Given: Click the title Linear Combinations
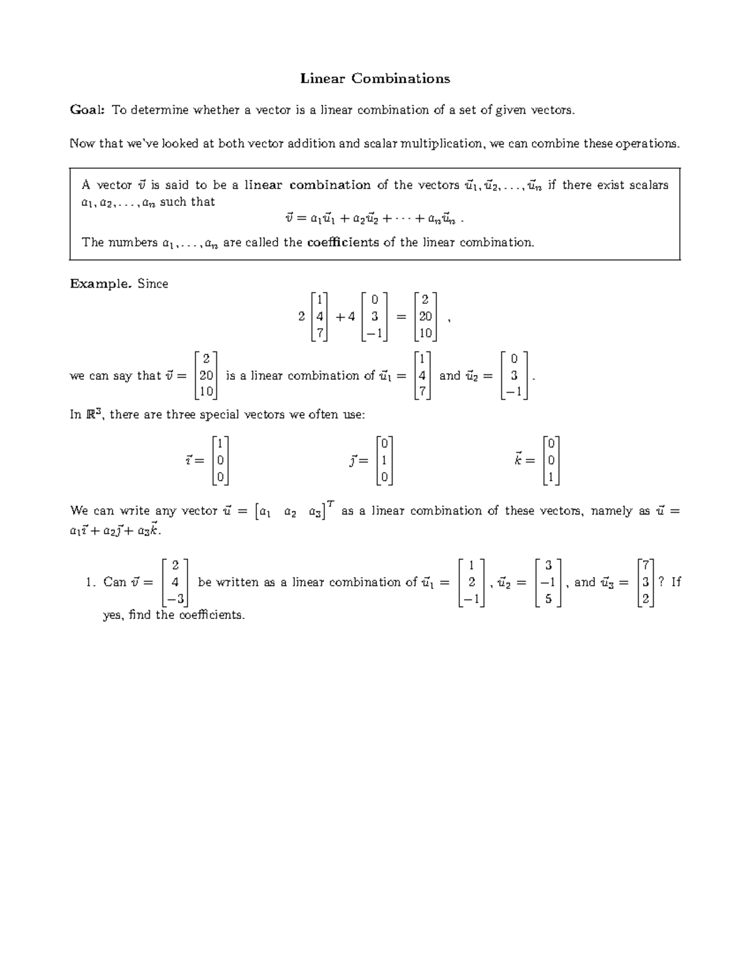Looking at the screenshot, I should tap(375, 78).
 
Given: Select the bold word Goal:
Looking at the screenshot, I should tap(87, 110).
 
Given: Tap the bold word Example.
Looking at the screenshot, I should tap(101, 283).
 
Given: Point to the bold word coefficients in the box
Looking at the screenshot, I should tap(343, 242).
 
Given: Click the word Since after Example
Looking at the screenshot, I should tap(153, 283).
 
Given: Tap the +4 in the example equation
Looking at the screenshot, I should tap(345, 316).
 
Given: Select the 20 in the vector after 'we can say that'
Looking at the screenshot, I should tap(206, 376).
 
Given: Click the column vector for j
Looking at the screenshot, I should tap(384, 461).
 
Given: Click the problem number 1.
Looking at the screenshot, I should tap(90, 582).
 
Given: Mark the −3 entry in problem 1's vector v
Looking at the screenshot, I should tap(175, 598).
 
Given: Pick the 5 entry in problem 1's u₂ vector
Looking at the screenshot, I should tap(548, 598).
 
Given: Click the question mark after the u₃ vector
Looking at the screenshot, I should tap(662, 582).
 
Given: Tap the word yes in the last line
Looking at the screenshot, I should tap(113, 615).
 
